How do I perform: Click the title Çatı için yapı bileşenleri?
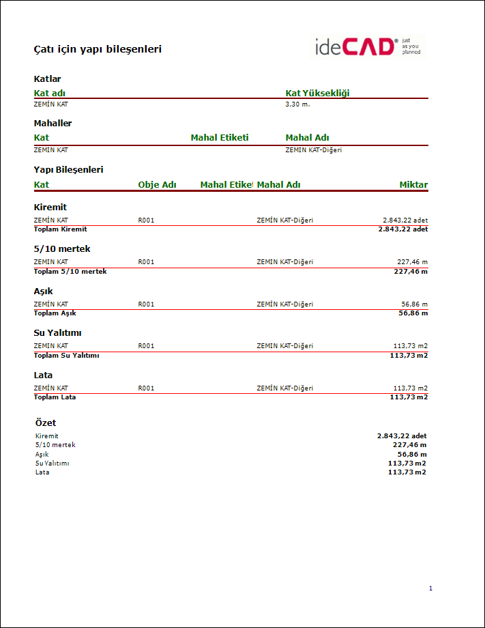coord(98,49)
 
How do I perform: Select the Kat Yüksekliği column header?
coord(317,94)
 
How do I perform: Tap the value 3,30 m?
coord(297,104)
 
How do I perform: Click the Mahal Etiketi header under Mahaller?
coord(220,138)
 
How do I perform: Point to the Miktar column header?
coord(413,185)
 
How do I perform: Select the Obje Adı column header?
coord(157,185)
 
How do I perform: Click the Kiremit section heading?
coord(50,208)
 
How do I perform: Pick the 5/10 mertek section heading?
coord(62,249)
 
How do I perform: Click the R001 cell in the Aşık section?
coord(146,304)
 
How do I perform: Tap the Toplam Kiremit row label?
coord(61,229)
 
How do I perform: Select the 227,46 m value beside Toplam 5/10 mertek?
coord(411,272)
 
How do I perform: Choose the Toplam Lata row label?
coord(55,397)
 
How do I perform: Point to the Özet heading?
coord(45,423)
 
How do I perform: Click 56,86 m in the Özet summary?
coord(412,454)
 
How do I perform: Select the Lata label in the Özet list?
coord(42,472)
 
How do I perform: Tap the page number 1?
coord(430,588)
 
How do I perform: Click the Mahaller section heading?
coord(53,124)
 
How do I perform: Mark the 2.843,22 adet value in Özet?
coord(402,436)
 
